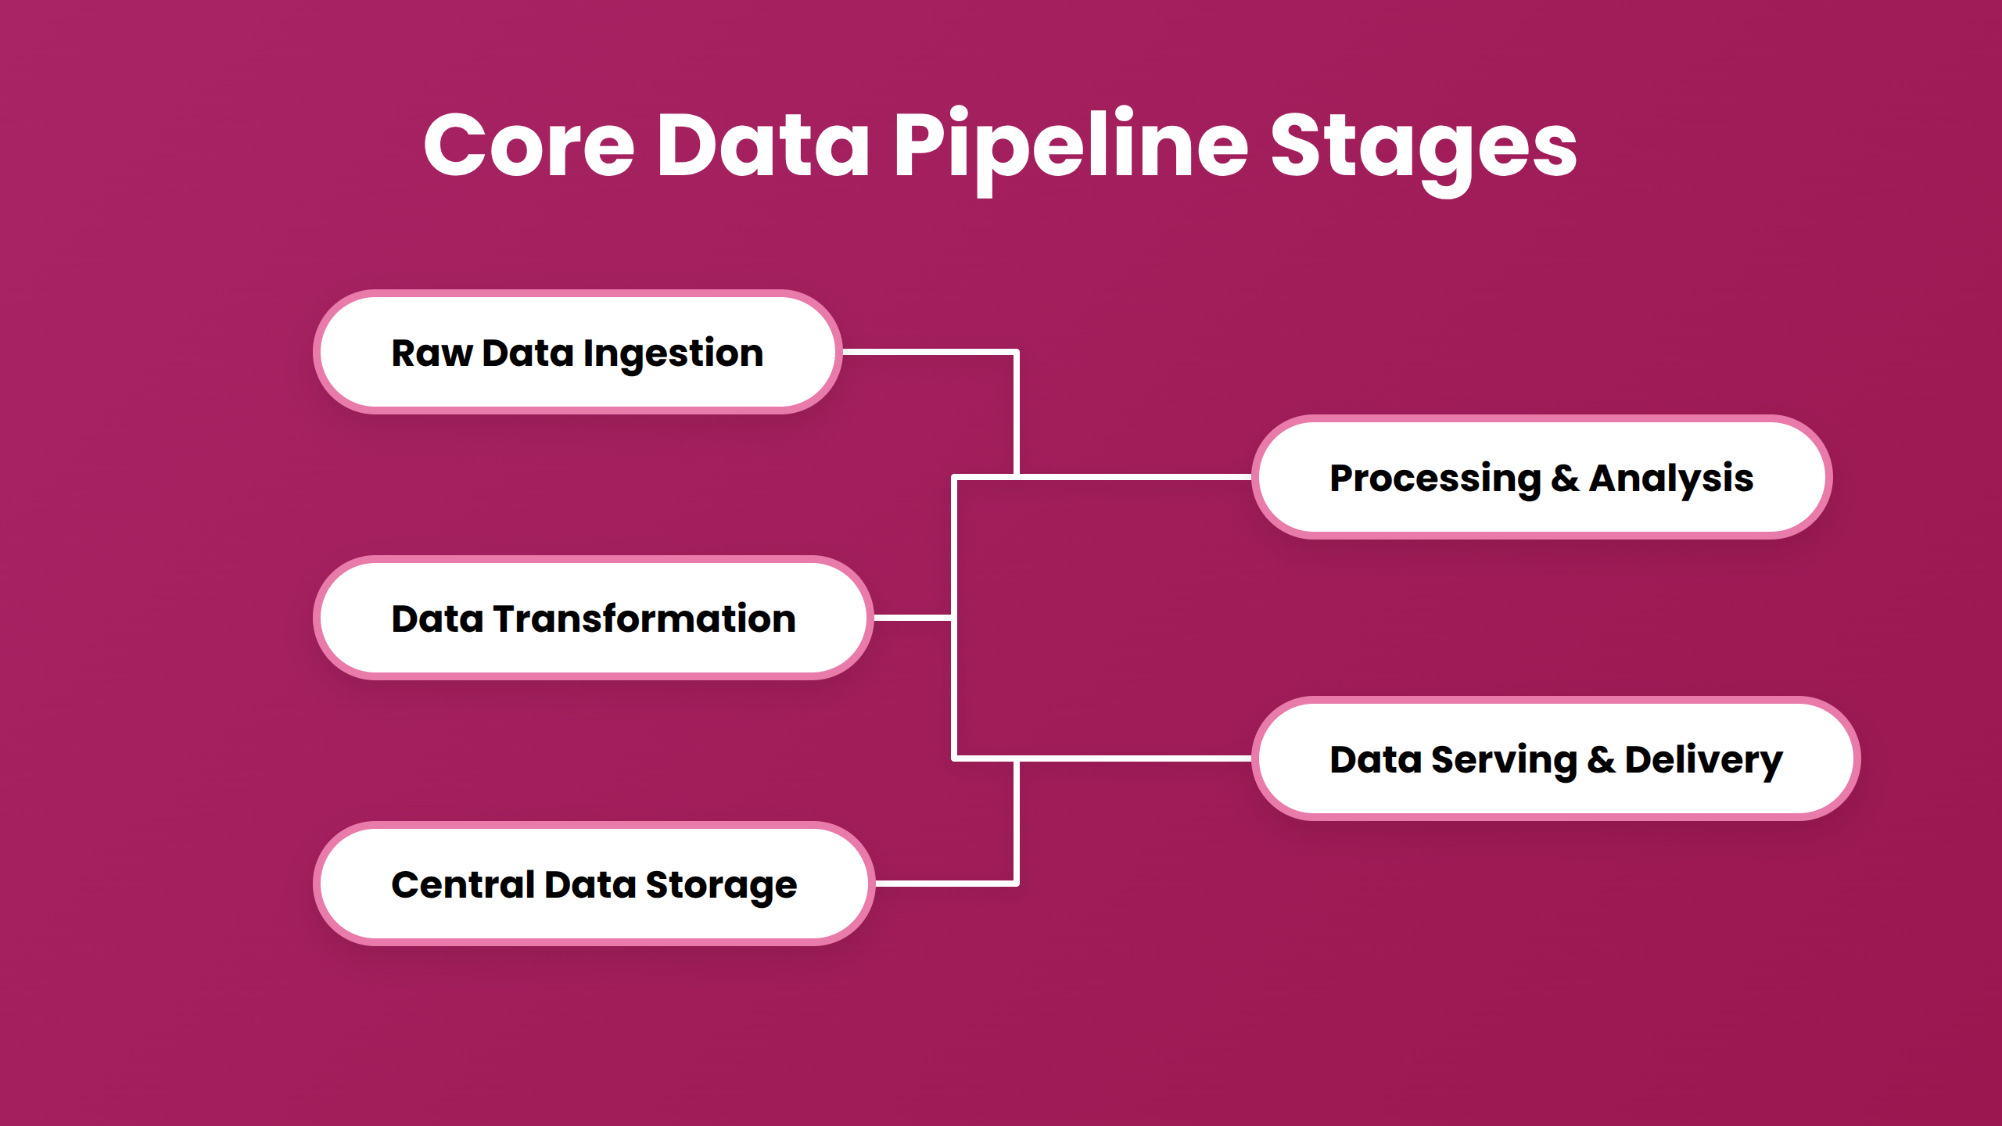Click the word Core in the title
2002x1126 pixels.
click(x=529, y=145)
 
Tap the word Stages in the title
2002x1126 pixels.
click(x=1423, y=145)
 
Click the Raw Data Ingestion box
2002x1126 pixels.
click(x=577, y=352)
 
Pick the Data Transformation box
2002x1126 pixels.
click(x=593, y=618)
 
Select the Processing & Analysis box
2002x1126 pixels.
click(x=1541, y=477)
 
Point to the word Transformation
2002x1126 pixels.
click(x=644, y=619)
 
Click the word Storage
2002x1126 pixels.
click(x=721, y=886)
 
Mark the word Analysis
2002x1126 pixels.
click(x=1671, y=479)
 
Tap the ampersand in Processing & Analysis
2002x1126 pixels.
click(x=1564, y=478)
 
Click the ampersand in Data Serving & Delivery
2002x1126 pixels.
click(x=1601, y=759)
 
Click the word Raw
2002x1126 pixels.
click(x=432, y=353)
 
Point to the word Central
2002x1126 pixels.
click(x=463, y=884)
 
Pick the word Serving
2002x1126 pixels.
click(x=1504, y=760)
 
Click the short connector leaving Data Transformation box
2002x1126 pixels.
click(x=912, y=618)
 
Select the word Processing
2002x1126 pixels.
click(x=1435, y=479)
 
